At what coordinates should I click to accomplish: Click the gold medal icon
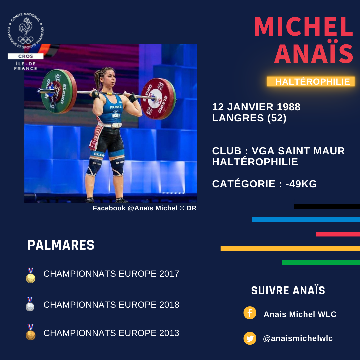pyautogui.click(x=31, y=275)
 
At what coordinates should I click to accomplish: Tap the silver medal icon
pyautogui.click(x=30, y=304)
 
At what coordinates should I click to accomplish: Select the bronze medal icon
pyautogui.click(x=31, y=332)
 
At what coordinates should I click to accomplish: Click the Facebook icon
pyautogui.click(x=250, y=313)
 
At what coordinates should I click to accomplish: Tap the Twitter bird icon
pyautogui.click(x=250, y=338)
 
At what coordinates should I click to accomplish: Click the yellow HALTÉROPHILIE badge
pyautogui.click(x=311, y=82)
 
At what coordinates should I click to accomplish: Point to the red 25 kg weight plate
pyautogui.click(x=158, y=99)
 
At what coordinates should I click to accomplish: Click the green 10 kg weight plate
pyautogui.click(x=59, y=91)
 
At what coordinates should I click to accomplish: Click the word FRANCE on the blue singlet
pyautogui.click(x=116, y=107)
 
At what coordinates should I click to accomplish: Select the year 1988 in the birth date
pyautogui.click(x=289, y=107)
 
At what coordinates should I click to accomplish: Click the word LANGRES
pyautogui.click(x=238, y=118)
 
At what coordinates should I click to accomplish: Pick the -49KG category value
pyautogui.click(x=301, y=184)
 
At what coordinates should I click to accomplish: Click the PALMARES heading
pyautogui.click(x=61, y=245)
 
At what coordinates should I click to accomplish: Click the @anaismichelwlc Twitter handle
pyautogui.click(x=298, y=338)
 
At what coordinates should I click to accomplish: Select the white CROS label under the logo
pyautogui.click(x=25, y=56)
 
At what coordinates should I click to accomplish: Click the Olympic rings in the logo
pyautogui.click(x=26, y=40)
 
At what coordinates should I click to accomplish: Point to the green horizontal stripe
pyautogui.click(x=321, y=262)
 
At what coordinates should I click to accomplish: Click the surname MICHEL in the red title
pyautogui.click(x=304, y=27)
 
